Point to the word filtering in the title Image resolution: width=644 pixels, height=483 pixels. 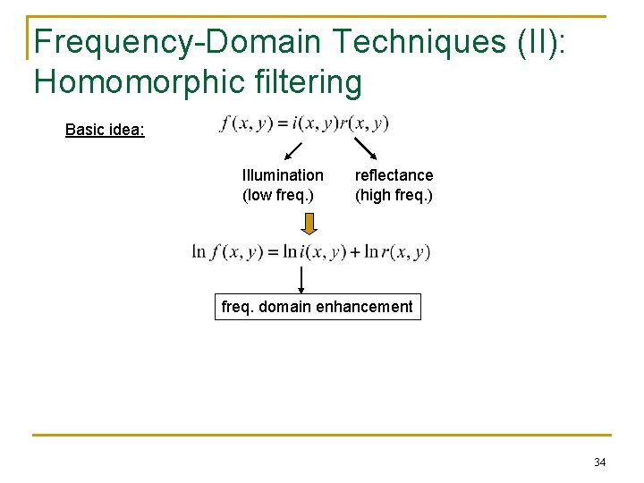(x=309, y=81)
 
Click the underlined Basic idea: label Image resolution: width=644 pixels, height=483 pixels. (x=105, y=130)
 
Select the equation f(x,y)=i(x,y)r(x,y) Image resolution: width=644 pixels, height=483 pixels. (x=304, y=123)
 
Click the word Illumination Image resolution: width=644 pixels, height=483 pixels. (x=283, y=175)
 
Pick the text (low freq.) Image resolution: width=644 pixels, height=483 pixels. (x=278, y=194)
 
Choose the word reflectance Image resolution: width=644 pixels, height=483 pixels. (x=394, y=175)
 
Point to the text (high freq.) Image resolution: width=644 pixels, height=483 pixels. (x=394, y=194)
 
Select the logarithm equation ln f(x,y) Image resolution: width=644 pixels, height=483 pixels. (x=311, y=252)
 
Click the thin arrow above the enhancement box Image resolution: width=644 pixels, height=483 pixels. (x=301, y=277)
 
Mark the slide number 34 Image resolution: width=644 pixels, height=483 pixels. (x=599, y=462)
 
